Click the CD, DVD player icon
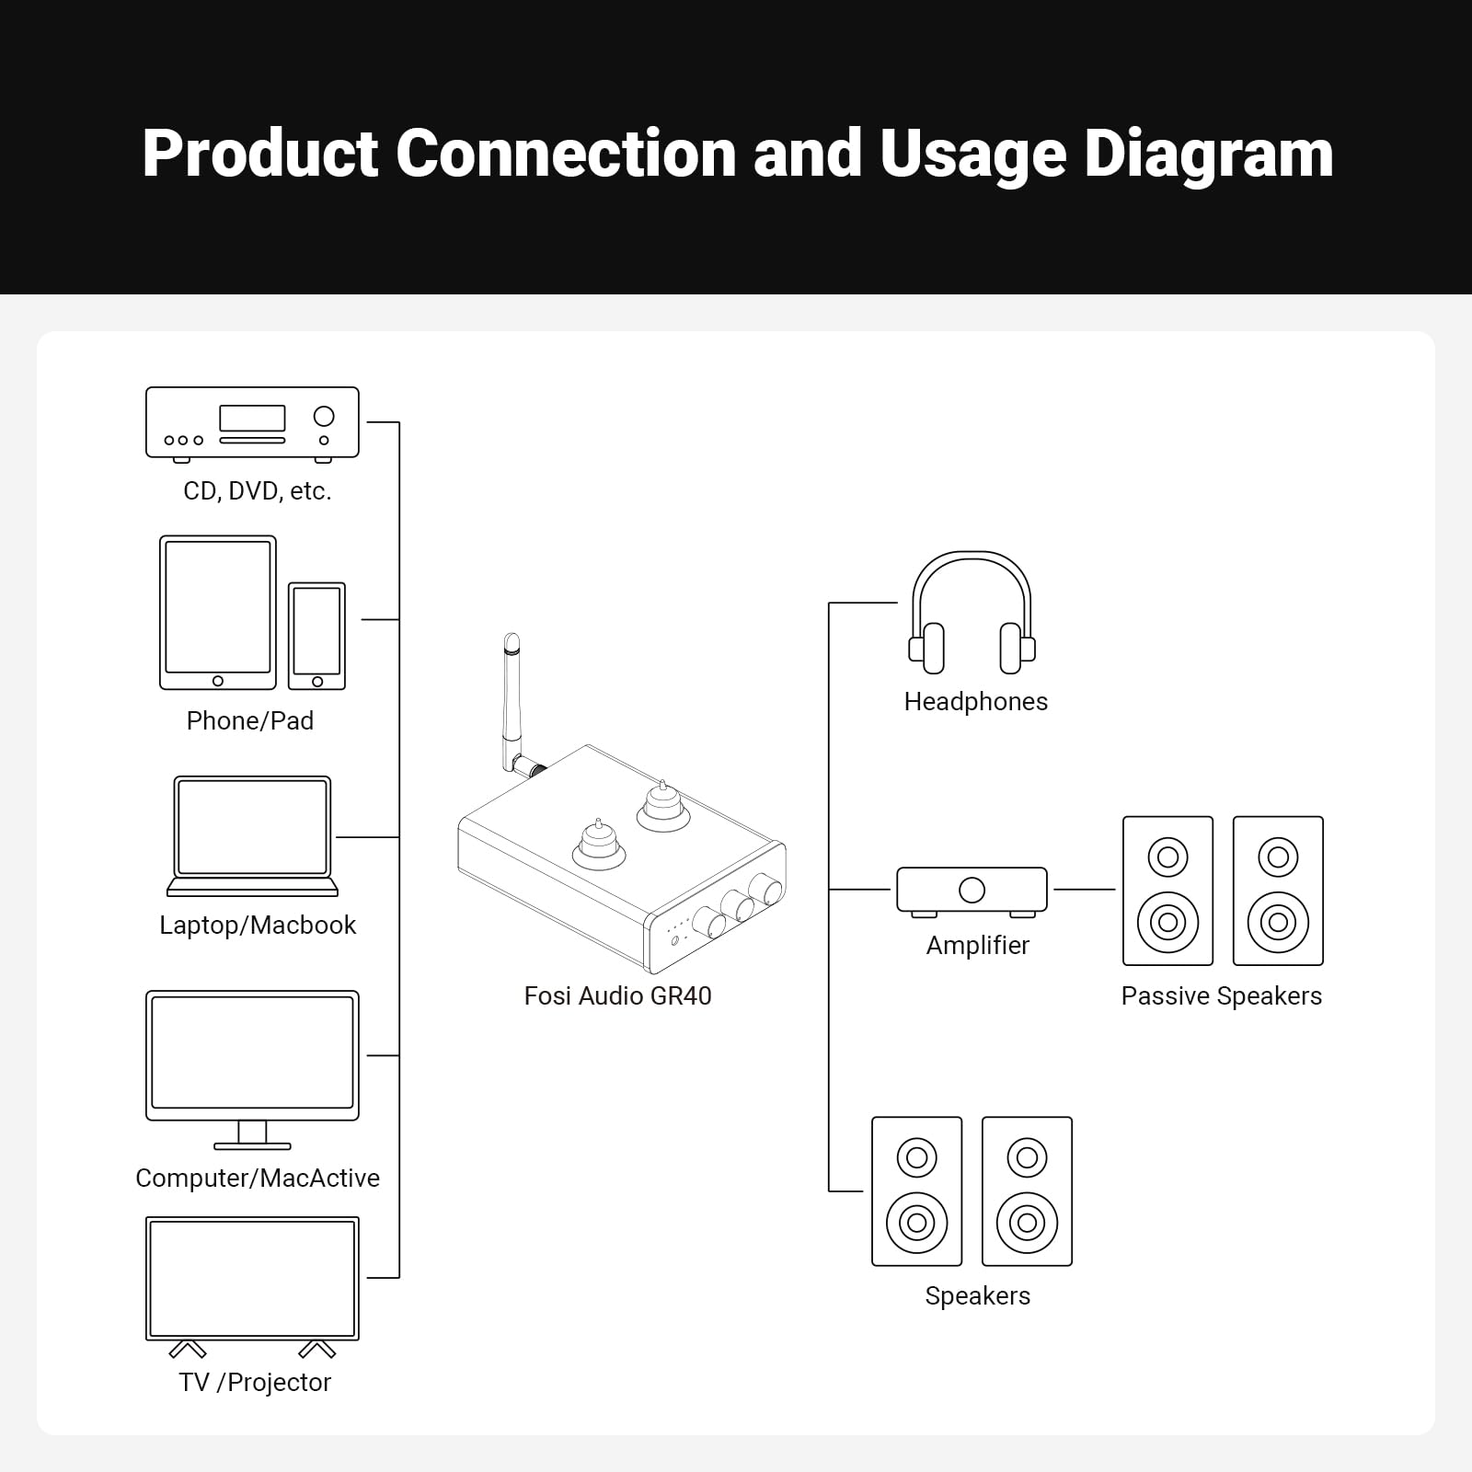coord(252,423)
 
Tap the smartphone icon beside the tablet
coord(316,635)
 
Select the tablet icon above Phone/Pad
coord(218,612)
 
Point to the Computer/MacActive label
coord(258,1178)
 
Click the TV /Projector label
coord(255,1382)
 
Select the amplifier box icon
coord(972,890)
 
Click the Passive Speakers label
coord(1221,995)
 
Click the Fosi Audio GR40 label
coord(617,995)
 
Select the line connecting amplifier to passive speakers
coord(1084,890)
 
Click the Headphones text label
coord(975,701)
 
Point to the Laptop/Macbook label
coord(258,925)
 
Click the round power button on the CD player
coord(324,416)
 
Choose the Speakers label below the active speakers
coord(977,1295)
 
